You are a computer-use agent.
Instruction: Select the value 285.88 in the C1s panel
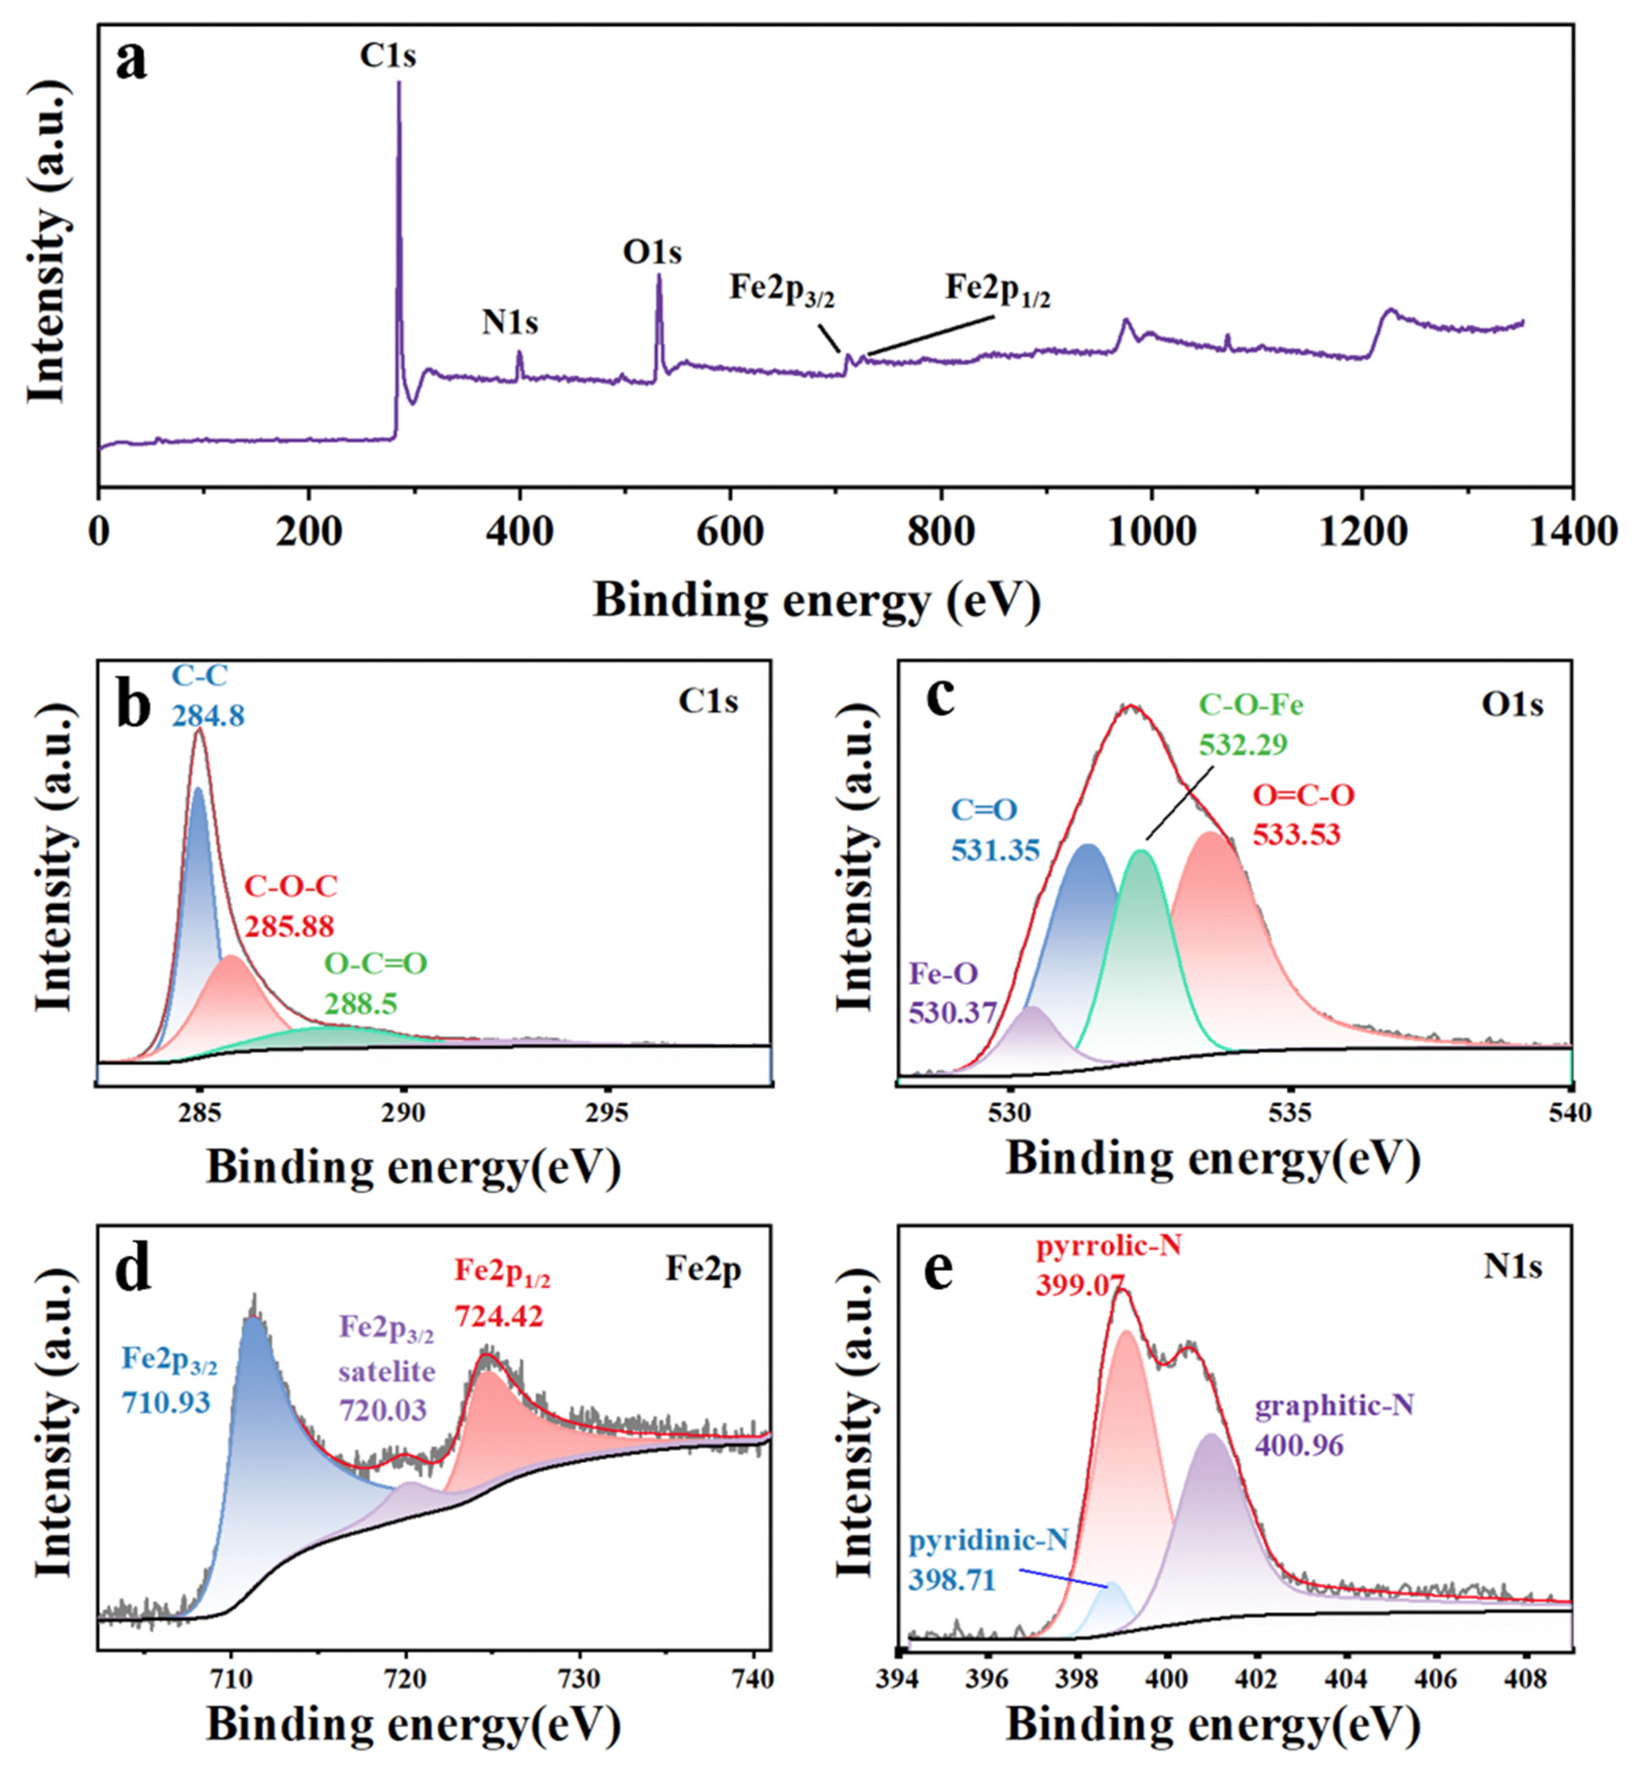pos(290,927)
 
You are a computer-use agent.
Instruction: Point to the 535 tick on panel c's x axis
pos(1289,1114)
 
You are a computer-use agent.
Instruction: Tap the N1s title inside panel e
pos(1513,1267)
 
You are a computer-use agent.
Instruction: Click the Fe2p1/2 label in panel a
pos(998,291)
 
